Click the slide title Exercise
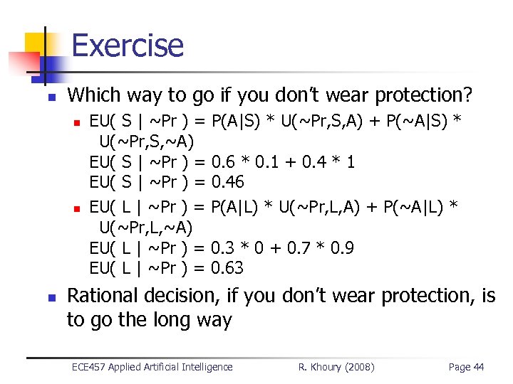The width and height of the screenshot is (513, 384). pyautogui.click(x=128, y=45)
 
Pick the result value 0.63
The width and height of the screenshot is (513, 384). pyautogui.click(x=228, y=268)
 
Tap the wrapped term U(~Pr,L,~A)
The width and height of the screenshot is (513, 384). pyautogui.click(x=145, y=228)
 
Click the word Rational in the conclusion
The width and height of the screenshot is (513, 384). pyautogui.click(x=103, y=295)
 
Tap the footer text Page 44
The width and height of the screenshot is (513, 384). pyautogui.click(x=466, y=367)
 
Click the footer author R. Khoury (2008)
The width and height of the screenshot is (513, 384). pyautogui.click(x=336, y=367)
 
